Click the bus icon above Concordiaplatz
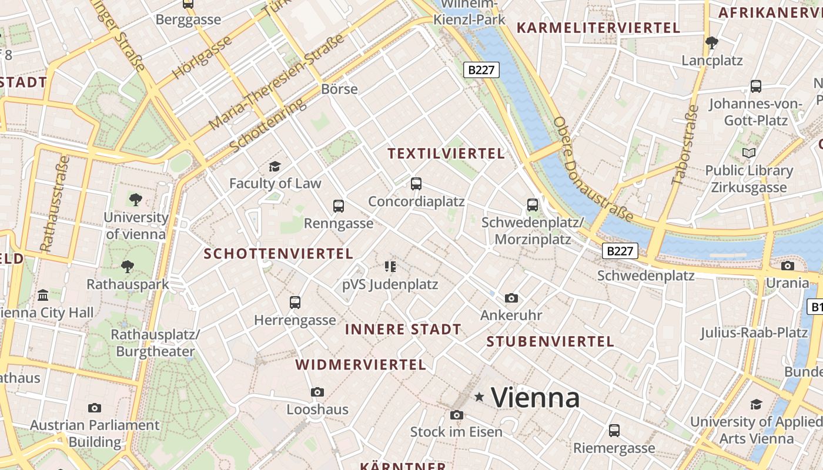416,184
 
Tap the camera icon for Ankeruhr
511,298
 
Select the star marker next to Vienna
479,398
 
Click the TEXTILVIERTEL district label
446,154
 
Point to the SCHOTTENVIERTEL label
278,254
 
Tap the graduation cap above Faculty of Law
275,167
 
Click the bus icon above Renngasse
339,206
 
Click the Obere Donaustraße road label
593,169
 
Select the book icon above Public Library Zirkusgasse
749,153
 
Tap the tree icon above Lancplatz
712,43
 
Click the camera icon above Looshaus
317,392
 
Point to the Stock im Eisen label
456,432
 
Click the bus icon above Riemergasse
614,431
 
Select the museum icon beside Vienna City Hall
43,295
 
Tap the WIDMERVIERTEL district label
360,365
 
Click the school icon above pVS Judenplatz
390,267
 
